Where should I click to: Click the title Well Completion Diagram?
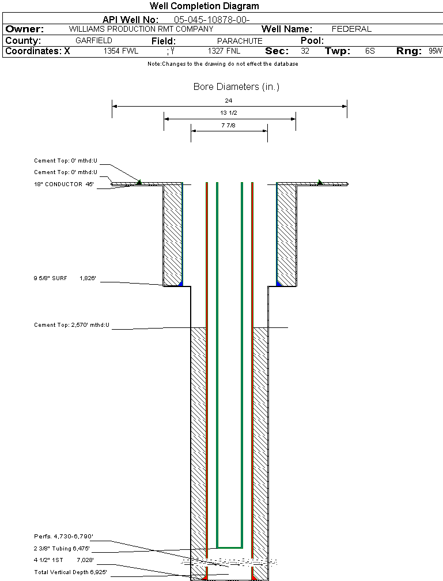click(204, 6)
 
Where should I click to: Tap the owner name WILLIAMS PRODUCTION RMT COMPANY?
click(141, 29)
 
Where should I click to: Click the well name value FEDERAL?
click(351, 29)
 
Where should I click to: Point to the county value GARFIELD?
click(94, 41)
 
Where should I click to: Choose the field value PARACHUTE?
click(239, 41)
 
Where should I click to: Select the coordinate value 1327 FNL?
click(224, 51)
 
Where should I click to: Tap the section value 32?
click(305, 51)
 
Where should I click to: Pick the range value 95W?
click(435, 51)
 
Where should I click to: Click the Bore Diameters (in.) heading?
click(236, 87)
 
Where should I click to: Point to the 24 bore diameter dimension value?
click(229, 100)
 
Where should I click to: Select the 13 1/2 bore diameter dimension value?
click(229, 113)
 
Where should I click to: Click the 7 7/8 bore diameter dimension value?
click(229, 125)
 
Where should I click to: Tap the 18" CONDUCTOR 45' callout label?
click(64, 184)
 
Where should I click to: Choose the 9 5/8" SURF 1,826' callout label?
click(64, 278)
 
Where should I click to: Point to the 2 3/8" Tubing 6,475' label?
click(62, 548)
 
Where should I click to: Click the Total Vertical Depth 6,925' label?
click(70, 572)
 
